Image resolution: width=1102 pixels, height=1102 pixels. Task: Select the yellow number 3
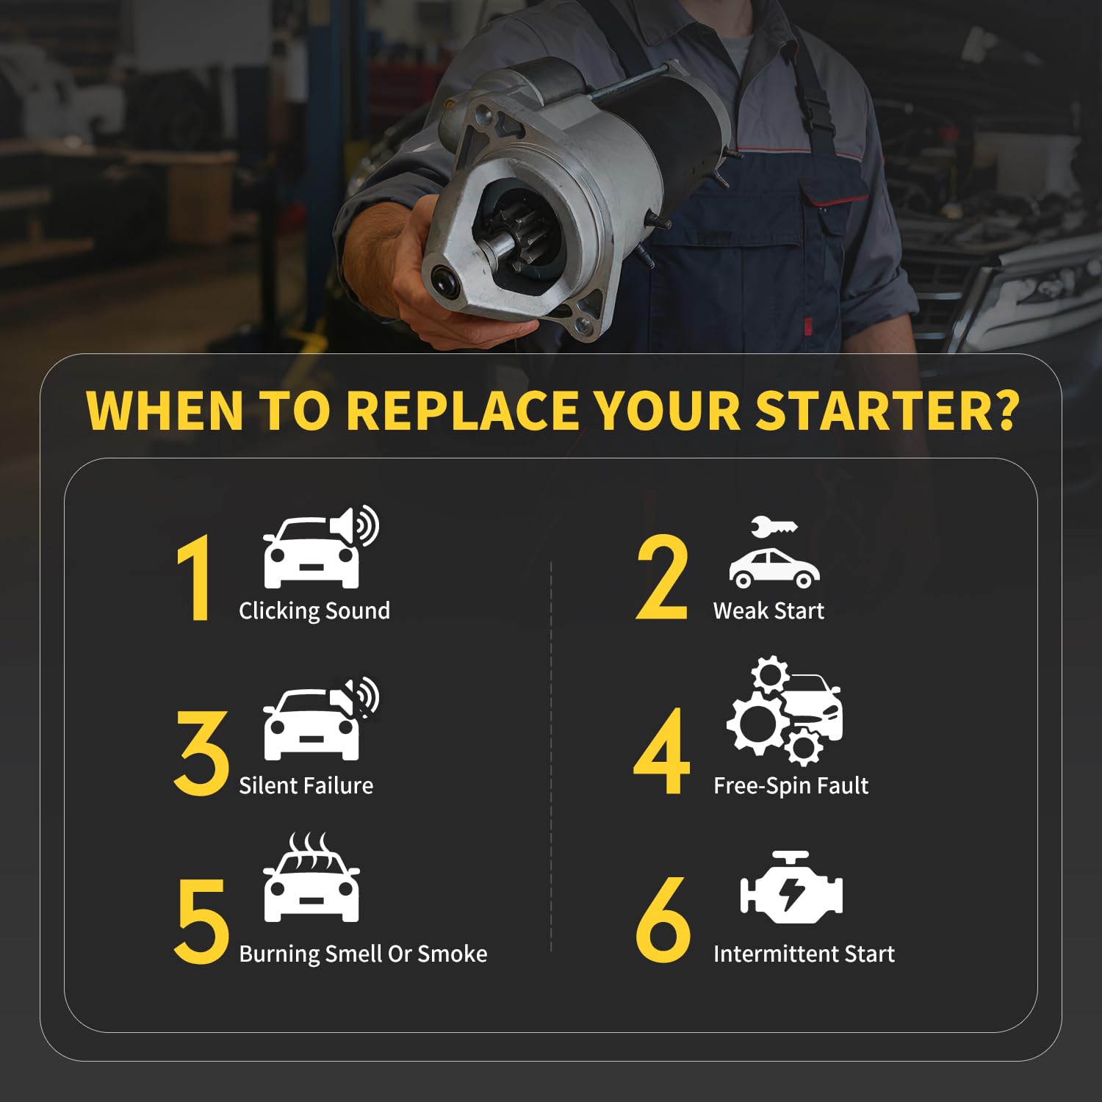point(201,753)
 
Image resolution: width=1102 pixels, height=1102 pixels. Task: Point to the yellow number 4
point(662,752)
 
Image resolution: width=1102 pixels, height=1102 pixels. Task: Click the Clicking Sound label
point(314,611)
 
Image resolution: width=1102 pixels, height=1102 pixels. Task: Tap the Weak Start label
point(768,611)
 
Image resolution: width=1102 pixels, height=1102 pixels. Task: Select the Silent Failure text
point(306,785)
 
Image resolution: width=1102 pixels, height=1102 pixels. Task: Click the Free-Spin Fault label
point(791,786)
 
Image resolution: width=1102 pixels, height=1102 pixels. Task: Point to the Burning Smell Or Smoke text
point(363,954)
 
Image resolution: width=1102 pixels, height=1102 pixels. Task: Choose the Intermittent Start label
point(804,954)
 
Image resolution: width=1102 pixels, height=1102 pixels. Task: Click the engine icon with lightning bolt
point(791,887)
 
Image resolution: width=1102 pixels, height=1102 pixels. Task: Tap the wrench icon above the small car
point(774,527)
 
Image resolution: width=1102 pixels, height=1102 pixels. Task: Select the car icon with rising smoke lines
point(311,877)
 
